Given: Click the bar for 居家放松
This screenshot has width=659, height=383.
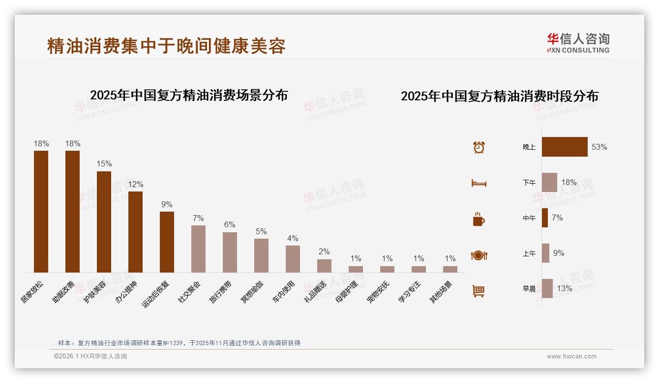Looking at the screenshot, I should (x=41, y=211).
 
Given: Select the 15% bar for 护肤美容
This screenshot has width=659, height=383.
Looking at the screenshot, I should (x=104, y=221).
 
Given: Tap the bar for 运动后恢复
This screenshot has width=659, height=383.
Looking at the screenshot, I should (x=167, y=242).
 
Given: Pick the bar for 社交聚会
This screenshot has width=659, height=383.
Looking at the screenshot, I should (x=198, y=248).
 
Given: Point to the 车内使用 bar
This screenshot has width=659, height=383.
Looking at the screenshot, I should (x=293, y=259).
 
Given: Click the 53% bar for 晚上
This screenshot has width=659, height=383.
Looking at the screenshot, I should (x=565, y=147).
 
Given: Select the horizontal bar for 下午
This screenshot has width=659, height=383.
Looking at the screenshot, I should (x=549, y=182).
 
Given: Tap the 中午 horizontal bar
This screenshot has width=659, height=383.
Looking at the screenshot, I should (x=545, y=218).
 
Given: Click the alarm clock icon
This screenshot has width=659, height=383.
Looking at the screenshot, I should (x=479, y=147).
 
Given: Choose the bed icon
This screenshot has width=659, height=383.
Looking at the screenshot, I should (x=479, y=183).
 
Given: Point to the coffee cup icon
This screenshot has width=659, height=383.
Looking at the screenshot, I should (x=479, y=219).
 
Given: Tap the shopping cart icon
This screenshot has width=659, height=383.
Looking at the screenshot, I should (x=479, y=291).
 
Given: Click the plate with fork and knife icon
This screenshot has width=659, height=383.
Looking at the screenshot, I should (x=479, y=255).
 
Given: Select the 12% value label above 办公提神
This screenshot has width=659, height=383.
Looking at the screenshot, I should (x=136, y=184).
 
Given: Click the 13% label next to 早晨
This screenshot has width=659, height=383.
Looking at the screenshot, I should (x=565, y=289).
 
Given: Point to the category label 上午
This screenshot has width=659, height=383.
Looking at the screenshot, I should (x=529, y=253).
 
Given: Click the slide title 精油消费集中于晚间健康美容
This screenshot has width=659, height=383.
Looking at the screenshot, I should (x=166, y=46).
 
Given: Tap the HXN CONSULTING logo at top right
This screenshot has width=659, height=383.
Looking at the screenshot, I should (x=578, y=43).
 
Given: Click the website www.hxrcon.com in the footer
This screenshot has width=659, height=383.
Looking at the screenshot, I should (x=571, y=356).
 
